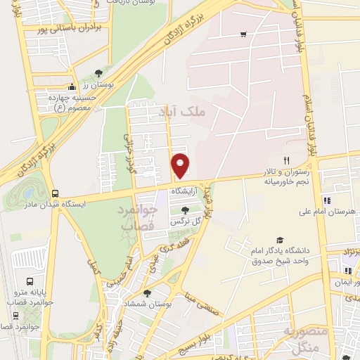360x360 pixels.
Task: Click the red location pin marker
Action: point(181,165)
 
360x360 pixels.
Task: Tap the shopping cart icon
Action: point(243,34)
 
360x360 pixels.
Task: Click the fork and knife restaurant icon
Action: point(286,160)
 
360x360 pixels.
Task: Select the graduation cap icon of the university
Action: point(280,240)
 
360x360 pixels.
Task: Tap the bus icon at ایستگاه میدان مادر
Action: point(56,193)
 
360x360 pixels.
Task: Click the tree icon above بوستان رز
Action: point(98,73)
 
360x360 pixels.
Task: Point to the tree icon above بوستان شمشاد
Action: point(146,293)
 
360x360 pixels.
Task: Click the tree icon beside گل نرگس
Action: point(185,210)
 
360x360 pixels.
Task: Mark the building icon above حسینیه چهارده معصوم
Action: point(53,90)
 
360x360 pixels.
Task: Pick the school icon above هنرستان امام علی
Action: point(326,201)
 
